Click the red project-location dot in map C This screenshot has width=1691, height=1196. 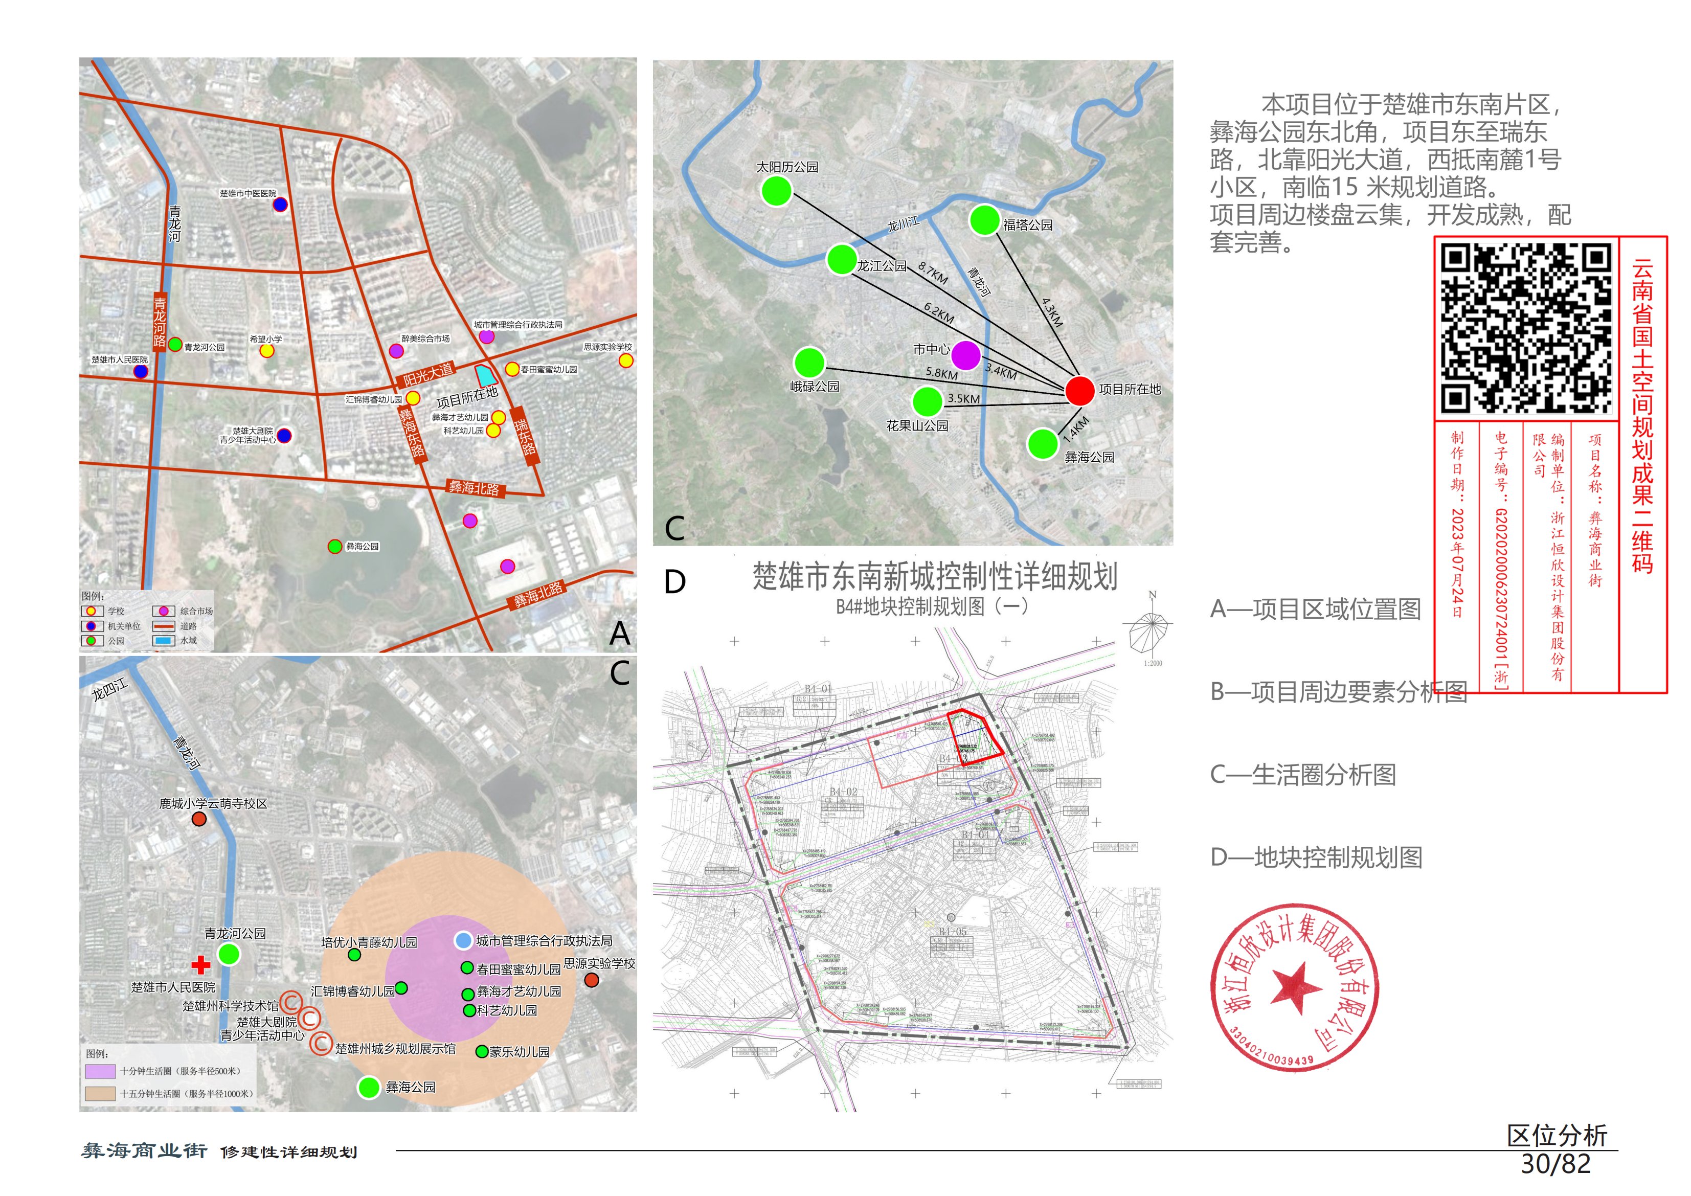coord(1080,390)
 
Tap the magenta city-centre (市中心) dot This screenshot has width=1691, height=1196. coord(965,356)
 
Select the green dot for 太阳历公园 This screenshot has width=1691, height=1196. coord(776,191)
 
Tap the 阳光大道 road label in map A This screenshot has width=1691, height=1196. coord(428,375)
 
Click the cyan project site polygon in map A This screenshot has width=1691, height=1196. coord(485,376)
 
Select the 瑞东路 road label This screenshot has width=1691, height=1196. coord(526,436)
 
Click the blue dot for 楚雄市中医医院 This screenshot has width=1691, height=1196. coord(280,205)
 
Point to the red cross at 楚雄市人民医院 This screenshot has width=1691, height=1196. coord(200,965)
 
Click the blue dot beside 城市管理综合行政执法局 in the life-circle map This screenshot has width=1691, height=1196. coord(463,940)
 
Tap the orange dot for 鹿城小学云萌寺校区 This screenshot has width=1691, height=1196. coord(199,819)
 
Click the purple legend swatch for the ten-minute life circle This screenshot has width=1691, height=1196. coord(100,1071)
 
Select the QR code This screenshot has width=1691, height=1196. coord(1526,328)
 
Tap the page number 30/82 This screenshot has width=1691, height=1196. coord(1555,1164)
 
